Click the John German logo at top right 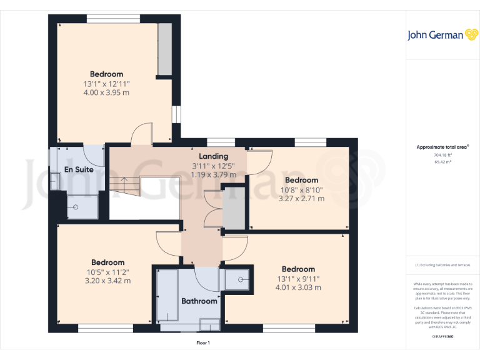(436, 35)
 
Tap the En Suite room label (79, 169)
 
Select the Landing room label (213, 156)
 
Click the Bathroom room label (199, 301)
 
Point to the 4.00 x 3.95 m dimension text (106, 92)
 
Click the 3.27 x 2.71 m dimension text (301, 199)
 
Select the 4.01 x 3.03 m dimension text (298, 287)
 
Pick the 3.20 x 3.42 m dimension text (107, 281)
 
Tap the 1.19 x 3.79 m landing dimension (213, 174)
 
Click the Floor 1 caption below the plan (203, 342)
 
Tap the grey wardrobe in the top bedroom (165, 49)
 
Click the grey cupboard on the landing (234, 207)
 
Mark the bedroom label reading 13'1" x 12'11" (106, 83)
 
